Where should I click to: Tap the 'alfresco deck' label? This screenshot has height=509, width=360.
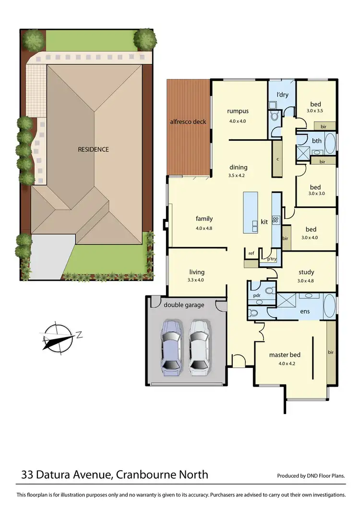point(188,121)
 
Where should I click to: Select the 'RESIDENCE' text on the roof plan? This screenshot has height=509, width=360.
point(94,149)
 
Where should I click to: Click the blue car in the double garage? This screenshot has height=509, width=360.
point(171,346)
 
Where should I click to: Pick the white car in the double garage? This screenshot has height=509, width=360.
point(199,346)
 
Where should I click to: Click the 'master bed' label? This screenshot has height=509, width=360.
point(285,355)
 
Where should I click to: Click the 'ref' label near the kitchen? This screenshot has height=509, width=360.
point(251,253)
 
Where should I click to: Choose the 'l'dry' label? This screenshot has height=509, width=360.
point(282,95)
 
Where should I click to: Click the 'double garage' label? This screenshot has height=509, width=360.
point(184,305)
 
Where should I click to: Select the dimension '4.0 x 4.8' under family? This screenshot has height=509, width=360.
point(204,228)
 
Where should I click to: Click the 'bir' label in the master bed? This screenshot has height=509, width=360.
point(330,352)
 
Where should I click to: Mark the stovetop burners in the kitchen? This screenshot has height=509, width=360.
point(276,220)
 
